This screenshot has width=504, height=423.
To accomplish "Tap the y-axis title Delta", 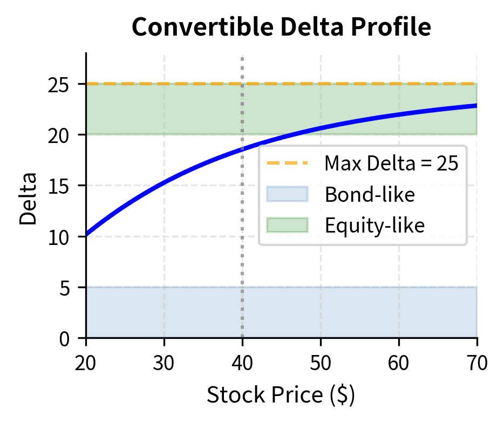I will pos(29,199).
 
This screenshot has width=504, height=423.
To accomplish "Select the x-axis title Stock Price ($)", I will pos(281,395).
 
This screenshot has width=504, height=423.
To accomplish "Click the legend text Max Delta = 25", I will pos(391,163).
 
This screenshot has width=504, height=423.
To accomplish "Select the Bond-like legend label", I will pos(370,194).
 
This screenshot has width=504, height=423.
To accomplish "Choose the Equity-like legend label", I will pos(375,225).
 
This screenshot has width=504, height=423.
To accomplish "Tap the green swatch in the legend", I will pos(287,225).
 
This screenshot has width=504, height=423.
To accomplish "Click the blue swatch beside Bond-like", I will pos(287,194).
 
